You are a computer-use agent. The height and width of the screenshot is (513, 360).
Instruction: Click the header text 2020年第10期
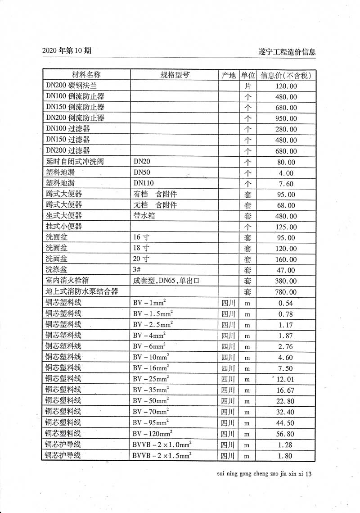tap(67, 51)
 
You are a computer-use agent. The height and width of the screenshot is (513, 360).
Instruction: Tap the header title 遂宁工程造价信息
tap(284, 52)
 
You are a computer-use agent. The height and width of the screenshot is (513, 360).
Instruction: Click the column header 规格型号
tap(175, 75)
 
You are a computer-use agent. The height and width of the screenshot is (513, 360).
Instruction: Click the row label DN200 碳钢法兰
tap(71, 86)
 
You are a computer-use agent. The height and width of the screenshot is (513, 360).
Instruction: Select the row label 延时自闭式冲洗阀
tap(75, 162)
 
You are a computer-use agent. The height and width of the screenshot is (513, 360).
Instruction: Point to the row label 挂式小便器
tap(64, 227)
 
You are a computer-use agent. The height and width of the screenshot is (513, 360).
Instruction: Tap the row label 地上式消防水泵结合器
tap(81, 292)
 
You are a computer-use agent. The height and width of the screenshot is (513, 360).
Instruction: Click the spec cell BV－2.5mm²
tap(153, 324)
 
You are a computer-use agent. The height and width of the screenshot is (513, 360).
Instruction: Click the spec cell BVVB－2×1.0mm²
tap(162, 445)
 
